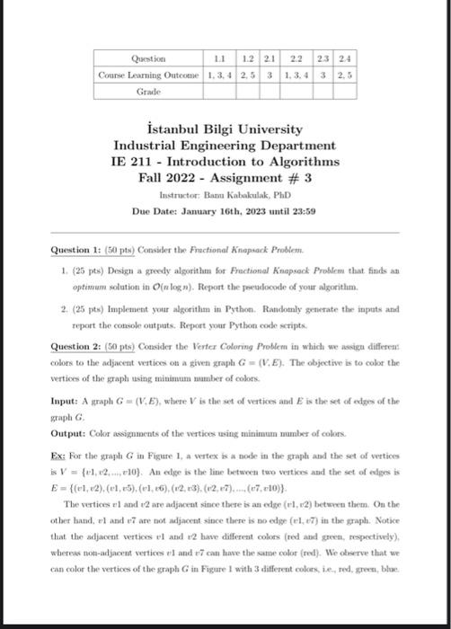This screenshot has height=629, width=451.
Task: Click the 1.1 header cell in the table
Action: tap(216, 58)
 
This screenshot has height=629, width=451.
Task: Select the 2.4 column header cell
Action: tap(346, 58)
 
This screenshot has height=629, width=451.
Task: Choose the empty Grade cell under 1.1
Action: tap(216, 91)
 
